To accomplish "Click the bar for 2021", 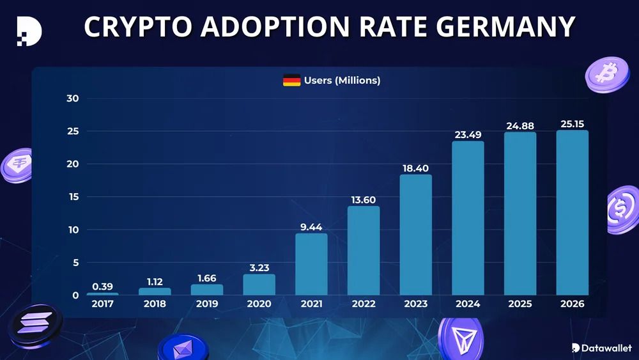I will tap(311, 264).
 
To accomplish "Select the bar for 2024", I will tap(468, 218).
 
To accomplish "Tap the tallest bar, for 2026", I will tap(572, 212).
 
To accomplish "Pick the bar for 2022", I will tap(364, 251).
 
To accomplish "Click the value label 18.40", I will tap(415, 168).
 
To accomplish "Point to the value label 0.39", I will tap(102, 286).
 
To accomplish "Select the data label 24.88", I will tap(520, 126).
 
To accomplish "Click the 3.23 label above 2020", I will tap(259, 268).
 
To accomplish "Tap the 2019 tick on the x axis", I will tap(207, 304).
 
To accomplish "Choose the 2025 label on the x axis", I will tap(520, 304).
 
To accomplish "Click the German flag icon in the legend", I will tap(291, 81).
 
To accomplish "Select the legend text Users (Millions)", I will tap(342, 81).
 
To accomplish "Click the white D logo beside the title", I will tap(29, 29).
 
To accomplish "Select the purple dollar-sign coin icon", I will tap(621, 210).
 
